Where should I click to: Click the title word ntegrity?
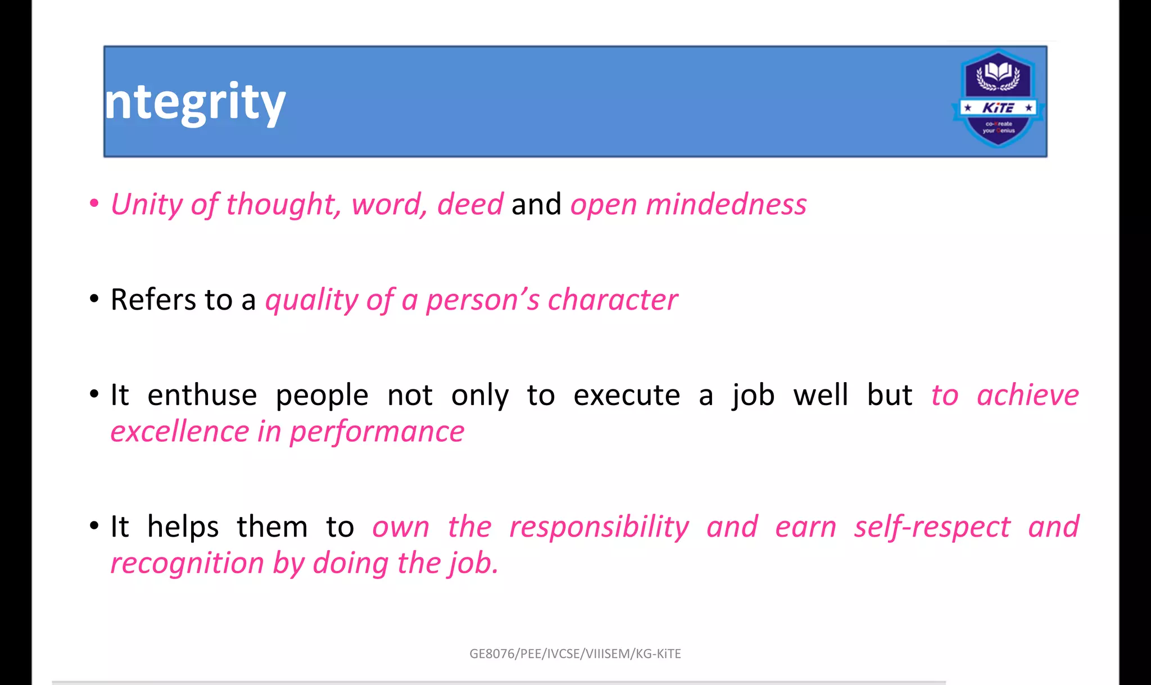[195, 102]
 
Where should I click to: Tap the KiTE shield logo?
[998, 99]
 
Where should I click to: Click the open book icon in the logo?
[998, 72]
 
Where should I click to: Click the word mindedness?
[726, 204]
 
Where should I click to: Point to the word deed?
[470, 204]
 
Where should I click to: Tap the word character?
[613, 300]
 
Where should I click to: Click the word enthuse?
[202, 395]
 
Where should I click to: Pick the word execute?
[627, 395]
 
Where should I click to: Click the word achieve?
[1027, 395]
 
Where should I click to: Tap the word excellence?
[179, 432]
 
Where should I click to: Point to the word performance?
[377, 433]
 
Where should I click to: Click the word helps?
[183, 527]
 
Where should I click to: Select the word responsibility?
[599, 527]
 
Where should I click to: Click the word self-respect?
[932, 527]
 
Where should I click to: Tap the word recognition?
[187, 563]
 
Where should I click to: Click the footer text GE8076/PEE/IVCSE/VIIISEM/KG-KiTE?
[575, 654]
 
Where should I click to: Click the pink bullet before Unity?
[94, 203]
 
